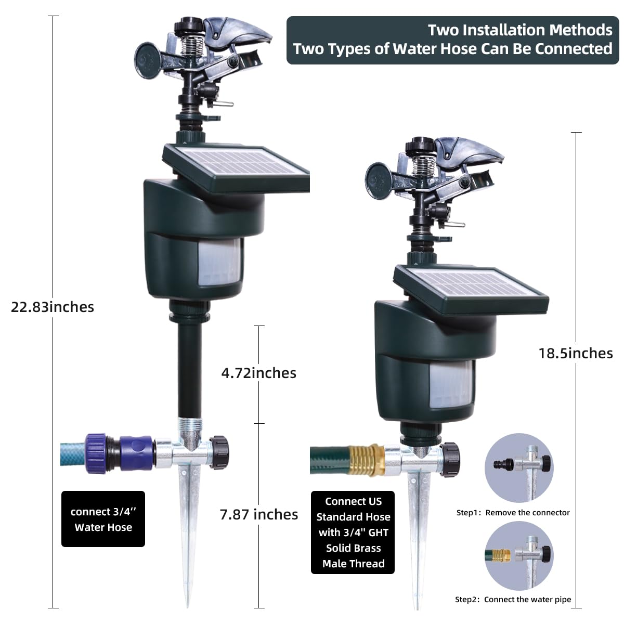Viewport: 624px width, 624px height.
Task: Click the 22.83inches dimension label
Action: (x=53, y=307)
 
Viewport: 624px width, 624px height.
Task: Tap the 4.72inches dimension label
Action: (x=259, y=373)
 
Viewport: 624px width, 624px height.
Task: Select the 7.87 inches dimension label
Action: (x=259, y=514)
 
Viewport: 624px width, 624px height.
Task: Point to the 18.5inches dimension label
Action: (x=576, y=353)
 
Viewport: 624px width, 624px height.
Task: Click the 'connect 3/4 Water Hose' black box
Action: (x=103, y=519)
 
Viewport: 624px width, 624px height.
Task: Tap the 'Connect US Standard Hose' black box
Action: (x=353, y=532)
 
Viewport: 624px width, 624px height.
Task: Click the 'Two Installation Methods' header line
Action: (x=520, y=30)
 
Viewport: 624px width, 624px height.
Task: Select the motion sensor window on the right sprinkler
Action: (x=451, y=384)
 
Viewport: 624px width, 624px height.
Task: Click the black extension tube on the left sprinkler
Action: (x=190, y=370)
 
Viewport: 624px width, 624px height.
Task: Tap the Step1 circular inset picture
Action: (x=519, y=468)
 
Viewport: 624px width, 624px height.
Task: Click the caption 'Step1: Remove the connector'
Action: (x=513, y=513)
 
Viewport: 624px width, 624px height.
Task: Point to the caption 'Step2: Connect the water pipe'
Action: (x=513, y=600)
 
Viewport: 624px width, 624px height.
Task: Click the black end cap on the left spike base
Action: (x=219, y=452)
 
